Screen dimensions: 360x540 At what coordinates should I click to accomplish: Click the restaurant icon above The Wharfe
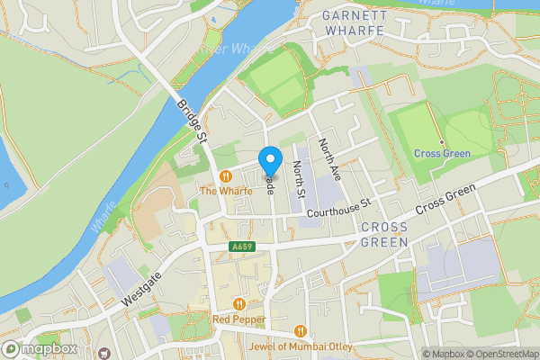click(225, 176)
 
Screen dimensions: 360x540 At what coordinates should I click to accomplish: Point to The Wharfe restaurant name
click(224, 191)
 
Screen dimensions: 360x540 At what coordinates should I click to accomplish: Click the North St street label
click(300, 174)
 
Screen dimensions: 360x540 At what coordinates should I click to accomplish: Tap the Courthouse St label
click(338, 208)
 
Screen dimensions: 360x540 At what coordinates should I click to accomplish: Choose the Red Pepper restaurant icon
click(238, 304)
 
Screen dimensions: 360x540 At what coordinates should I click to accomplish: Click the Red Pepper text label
click(238, 319)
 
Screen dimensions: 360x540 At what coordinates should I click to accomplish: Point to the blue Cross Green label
click(442, 154)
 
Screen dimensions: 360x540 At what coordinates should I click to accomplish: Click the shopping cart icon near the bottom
click(104, 354)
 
